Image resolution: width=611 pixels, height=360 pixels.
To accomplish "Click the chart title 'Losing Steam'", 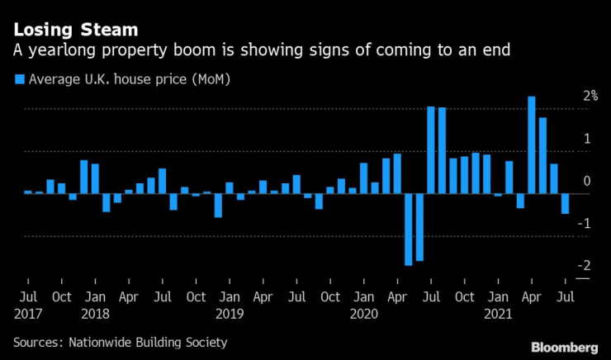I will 75,31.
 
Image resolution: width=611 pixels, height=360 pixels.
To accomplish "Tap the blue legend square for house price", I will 20,79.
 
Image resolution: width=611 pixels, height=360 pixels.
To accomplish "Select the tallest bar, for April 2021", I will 532,145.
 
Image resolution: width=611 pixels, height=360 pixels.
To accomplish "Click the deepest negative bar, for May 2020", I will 408,230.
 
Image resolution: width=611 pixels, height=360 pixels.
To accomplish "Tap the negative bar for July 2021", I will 566,204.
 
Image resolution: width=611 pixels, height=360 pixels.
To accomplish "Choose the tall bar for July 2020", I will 431,149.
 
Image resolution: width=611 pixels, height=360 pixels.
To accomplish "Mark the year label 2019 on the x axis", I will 230,314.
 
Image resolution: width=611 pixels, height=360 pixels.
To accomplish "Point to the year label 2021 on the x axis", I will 498,314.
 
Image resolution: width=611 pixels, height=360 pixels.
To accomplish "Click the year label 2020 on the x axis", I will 363,314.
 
